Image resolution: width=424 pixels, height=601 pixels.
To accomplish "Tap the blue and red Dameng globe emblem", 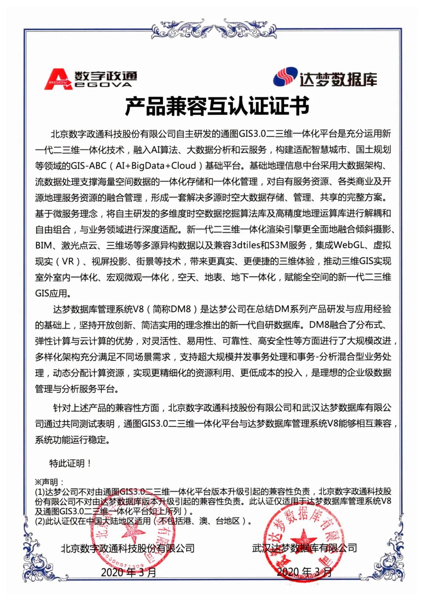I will tap(285, 77).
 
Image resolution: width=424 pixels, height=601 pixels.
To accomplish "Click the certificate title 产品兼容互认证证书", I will tap(217, 106).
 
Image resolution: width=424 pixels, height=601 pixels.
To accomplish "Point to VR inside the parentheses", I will tap(68, 261).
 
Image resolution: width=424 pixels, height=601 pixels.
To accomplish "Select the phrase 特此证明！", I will tap(71, 464).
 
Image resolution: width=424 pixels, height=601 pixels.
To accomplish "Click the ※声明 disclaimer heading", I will tap(49, 482).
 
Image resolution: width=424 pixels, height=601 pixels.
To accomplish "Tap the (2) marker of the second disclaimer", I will tap(40, 521).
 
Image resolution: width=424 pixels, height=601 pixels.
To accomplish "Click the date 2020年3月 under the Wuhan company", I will tap(304, 572).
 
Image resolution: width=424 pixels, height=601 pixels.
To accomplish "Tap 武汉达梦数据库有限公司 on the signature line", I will tap(304, 548).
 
